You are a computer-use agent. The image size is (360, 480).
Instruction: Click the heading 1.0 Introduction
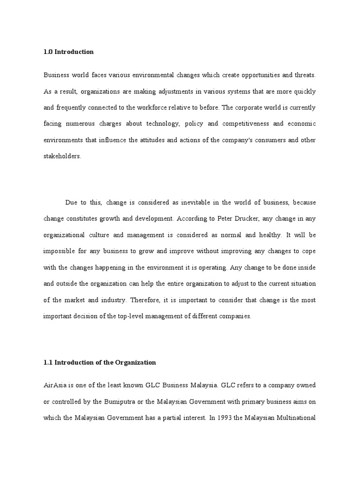point(68,52)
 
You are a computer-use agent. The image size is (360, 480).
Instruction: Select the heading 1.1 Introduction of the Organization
point(99,362)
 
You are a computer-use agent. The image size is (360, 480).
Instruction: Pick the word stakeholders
point(62,157)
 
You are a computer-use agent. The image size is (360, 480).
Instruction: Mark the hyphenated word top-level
point(133,316)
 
